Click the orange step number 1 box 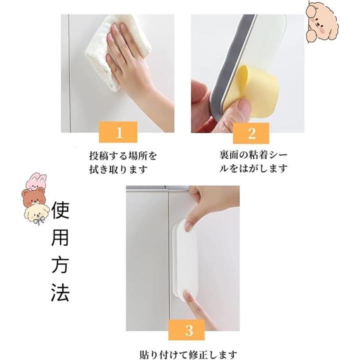point(118,132)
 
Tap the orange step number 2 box point(251,133)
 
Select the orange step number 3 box point(186,330)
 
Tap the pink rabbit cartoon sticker point(36,181)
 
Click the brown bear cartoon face point(34,197)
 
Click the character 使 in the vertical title point(60,210)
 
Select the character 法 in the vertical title point(60,292)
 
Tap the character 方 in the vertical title point(60,265)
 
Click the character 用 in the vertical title point(60,237)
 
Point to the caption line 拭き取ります point(118,169)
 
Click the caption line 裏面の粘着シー point(253,155)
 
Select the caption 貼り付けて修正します point(188,355)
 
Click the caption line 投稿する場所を point(123,155)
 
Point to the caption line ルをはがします point(253,169)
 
